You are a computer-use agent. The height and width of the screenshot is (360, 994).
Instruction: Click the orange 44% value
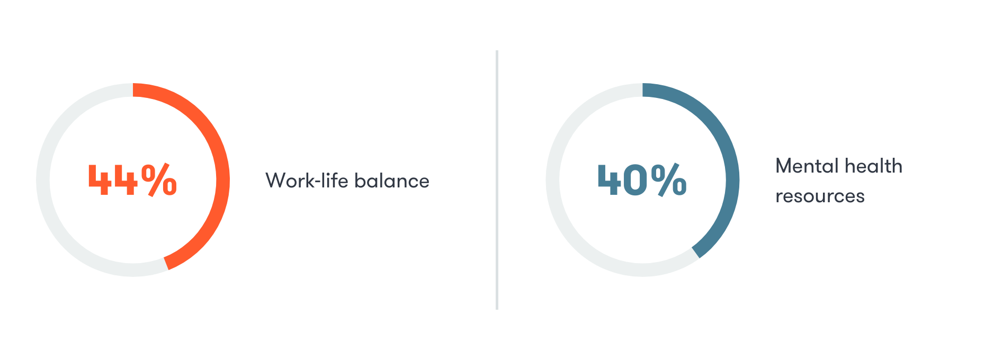pyautogui.click(x=132, y=180)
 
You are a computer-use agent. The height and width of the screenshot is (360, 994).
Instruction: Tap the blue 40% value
pyautogui.click(x=642, y=180)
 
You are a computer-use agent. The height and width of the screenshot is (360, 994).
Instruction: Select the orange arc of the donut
pyautogui.click(x=223, y=180)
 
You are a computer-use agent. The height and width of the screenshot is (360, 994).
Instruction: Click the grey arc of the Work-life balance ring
pyautogui.click(x=43, y=180)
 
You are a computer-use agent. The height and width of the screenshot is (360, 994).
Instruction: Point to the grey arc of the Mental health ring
pyautogui.click(x=553, y=180)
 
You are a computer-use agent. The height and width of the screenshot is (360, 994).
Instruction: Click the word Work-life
pyautogui.click(x=307, y=181)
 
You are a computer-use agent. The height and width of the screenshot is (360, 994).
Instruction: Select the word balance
pyautogui.click(x=392, y=181)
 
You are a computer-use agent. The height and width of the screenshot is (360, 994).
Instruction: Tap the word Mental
pyautogui.click(x=807, y=166)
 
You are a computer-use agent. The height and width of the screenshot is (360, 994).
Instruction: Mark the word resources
pyautogui.click(x=820, y=196)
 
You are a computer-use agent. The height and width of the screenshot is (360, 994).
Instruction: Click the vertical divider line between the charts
pyautogui.click(x=497, y=180)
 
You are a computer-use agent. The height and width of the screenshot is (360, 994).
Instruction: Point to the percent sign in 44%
pyautogui.click(x=159, y=180)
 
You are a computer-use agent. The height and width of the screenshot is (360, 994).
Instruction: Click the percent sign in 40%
pyautogui.click(x=669, y=180)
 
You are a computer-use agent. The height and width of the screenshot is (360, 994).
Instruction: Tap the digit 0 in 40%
pyautogui.click(x=635, y=181)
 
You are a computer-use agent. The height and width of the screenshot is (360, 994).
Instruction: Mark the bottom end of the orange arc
pyautogui.click(x=166, y=264)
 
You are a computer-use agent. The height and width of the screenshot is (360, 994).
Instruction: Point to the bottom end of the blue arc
pyautogui.click(x=696, y=253)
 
